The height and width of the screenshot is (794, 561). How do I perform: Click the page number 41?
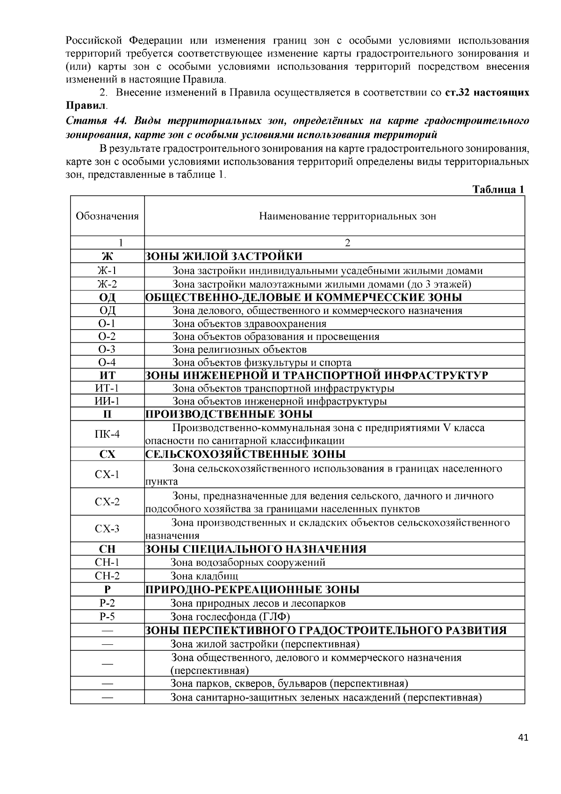pos(523,738)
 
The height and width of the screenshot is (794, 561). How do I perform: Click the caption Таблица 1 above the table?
pos(498,189)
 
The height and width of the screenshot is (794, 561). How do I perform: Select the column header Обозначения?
pos(107,216)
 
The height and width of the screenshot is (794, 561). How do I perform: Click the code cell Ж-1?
pos(107,270)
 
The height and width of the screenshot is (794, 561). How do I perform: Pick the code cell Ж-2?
pos(107,284)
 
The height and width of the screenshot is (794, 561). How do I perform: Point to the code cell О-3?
pos(107,349)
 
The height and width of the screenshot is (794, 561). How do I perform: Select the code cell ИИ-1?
pos(107,401)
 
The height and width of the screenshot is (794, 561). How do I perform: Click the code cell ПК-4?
pos(107,434)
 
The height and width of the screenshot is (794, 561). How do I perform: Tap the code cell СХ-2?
pos(107,502)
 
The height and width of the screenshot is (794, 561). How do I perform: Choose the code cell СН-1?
pos(107,563)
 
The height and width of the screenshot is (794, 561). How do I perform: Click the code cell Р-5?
pos(107,616)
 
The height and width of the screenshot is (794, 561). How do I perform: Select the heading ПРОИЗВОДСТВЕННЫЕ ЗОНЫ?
pos(229,414)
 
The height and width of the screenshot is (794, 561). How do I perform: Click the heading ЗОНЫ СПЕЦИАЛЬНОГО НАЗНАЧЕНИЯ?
pos(256,549)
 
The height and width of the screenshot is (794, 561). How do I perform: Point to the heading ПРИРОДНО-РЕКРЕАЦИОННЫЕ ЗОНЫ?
pos(252,589)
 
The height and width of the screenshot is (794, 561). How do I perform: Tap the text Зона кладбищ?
pos(204,576)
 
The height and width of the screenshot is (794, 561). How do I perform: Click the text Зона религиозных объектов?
pos(239,349)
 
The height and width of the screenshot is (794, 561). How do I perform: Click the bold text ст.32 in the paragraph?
pos(457,92)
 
